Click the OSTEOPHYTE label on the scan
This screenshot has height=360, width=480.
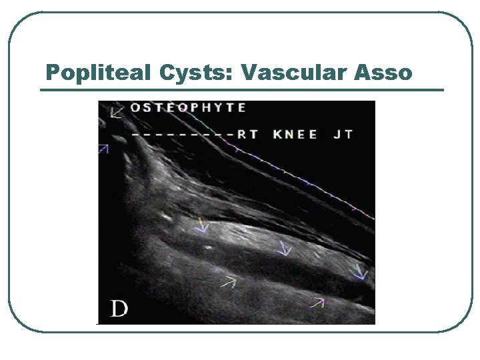coord(188,108)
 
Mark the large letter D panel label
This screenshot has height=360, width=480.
coord(119,309)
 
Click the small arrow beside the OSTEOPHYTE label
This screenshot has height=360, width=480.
coord(117,111)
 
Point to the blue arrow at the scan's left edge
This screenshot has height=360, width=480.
coord(103,149)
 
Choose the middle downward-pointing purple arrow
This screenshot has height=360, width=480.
coord(285,248)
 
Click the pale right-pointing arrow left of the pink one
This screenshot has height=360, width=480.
coord(229,282)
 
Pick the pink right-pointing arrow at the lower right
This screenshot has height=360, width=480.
coord(317,303)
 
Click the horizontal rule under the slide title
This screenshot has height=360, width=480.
coord(241,89)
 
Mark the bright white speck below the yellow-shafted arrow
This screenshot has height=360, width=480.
coord(209,246)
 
